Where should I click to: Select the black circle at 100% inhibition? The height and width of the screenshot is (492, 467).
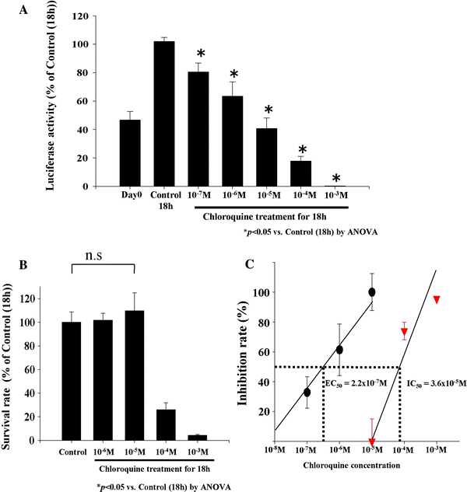tap(372, 291)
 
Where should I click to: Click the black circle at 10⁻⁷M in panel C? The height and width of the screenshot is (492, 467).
tap(307, 393)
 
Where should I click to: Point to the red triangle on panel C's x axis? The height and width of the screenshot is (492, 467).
tap(372, 441)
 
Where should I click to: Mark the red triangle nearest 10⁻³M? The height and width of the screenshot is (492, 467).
tap(437, 300)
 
